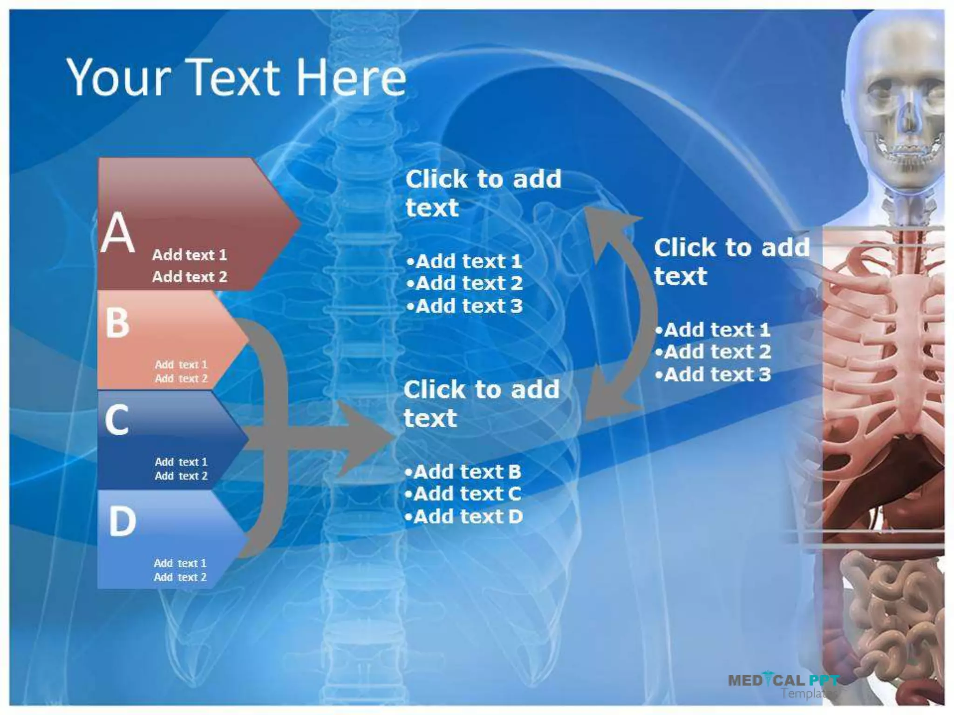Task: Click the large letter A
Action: tap(118, 232)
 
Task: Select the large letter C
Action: tap(116, 420)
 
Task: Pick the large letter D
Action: tap(122, 521)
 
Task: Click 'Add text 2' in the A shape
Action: tap(189, 277)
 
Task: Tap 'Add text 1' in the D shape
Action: tap(180, 563)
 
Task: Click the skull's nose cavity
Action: tap(909, 119)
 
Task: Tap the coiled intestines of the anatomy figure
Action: tap(885, 619)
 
